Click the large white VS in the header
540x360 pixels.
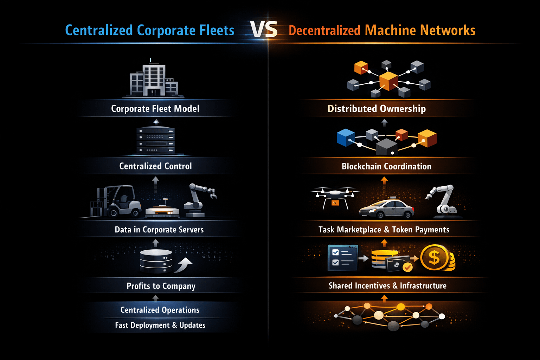[x=264, y=30]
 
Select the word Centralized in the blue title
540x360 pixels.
[x=99, y=31]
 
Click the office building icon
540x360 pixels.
[x=154, y=79]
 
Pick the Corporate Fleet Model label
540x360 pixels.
[x=155, y=109]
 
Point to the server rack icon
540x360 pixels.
[x=155, y=140]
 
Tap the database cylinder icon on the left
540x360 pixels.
[x=156, y=261]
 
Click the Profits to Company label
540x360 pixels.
[x=161, y=286]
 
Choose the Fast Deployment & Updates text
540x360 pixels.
[x=160, y=325]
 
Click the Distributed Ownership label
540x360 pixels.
[x=377, y=109]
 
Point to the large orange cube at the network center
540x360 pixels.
[x=388, y=81]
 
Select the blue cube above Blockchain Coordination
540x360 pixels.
[x=346, y=137]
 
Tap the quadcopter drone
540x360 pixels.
[x=335, y=197]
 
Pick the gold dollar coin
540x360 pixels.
[x=435, y=258]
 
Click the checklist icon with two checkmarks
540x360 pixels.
[x=342, y=258]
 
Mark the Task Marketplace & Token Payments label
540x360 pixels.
[x=384, y=230]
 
